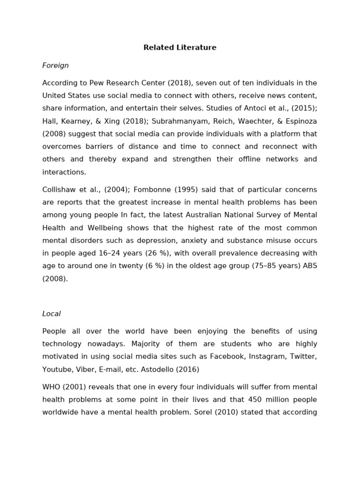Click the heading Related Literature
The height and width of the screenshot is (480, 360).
pyautogui.click(x=180, y=48)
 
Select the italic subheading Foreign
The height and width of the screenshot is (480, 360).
pyautogui.click(x=55, y=66)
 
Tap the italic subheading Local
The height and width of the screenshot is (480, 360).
pyautogui.click(x=52, y=314)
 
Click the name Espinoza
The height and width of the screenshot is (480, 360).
pyautogui.click(x=299, y=121)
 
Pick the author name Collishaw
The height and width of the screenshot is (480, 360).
pyautogui.click(x=59, y=190)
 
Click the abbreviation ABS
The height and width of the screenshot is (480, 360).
pyautogui.click(x=309, y=266)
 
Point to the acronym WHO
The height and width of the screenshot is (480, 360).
pyautogui.click(x=51, y=387)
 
